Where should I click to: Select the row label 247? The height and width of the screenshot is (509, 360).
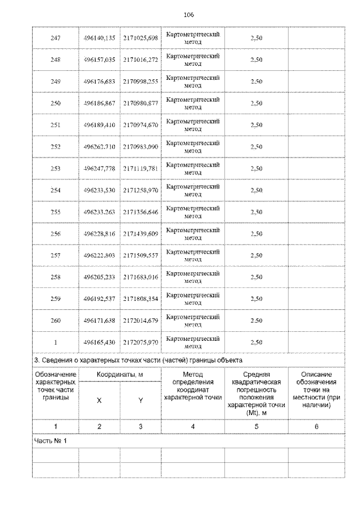55,38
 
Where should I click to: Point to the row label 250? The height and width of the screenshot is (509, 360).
55,103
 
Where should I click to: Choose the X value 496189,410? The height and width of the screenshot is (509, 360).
99,125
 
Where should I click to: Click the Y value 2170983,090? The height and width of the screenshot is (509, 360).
141,147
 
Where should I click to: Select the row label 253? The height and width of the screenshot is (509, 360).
55,169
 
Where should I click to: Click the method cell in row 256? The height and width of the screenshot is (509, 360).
193,234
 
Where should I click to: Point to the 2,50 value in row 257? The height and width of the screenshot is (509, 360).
256,255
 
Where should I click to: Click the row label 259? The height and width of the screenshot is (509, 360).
55,299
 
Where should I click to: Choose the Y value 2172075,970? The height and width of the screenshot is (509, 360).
141,342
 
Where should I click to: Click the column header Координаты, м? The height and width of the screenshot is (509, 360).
119,374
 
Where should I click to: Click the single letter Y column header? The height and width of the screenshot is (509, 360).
141,400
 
